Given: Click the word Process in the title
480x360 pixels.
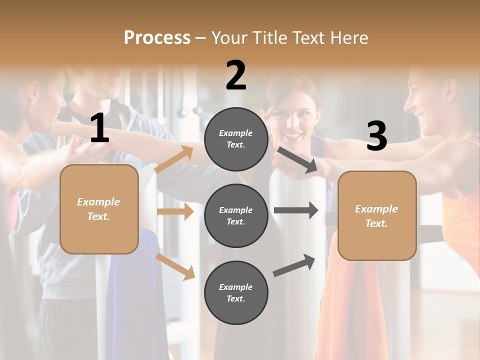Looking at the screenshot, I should pyautogui.click(x=157, y=37).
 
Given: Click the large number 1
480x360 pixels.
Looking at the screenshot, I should pyautogui.click(x=99, y=128).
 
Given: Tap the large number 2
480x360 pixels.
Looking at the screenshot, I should pyautogui.click(x=236, y=76).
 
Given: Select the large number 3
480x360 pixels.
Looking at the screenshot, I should pyautogui.click(x=376, y=136).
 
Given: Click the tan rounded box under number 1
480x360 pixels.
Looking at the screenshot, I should pyautogui.click(x=99, y=209).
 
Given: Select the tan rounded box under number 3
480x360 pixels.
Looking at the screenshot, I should pyautogui.click(x=377, y=216).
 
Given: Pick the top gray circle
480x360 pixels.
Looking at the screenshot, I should pyautogui.click(x=236, y=139).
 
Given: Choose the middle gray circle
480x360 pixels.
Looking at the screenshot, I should pyautogui.click(x=236, y=215).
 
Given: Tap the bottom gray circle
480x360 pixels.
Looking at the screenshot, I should pyautogui.click(x=236, y=292).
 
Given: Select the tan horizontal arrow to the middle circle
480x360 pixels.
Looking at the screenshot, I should pyautogui.click(x=175, y=211).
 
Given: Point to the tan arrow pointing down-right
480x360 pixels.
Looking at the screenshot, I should pyautogui.click(x=175, y=266).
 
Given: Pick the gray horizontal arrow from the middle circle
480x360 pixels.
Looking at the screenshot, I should pyautogui.click(x=295, y=210).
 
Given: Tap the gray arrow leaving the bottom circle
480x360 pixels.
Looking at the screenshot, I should pyautogui.click(x=294, y=265).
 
